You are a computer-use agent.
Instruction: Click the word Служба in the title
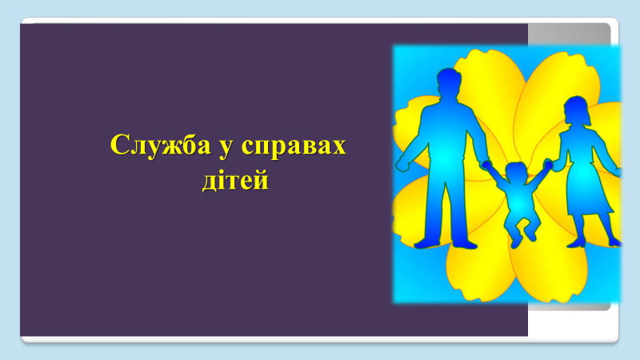(x=161, y=145)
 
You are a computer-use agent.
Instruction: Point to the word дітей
(x=235, y=180)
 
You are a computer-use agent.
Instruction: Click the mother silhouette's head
(x=577, y=110)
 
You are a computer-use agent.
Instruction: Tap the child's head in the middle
(x=516, y=172)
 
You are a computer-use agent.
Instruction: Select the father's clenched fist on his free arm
(x=402, y=164)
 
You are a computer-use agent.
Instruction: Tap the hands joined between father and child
(x=486, y=164)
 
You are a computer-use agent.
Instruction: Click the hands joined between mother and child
(x=549, y=165)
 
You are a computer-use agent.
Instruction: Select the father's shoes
(x=446, y=244)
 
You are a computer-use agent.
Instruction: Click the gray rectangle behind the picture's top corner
(x=569, y=34)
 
